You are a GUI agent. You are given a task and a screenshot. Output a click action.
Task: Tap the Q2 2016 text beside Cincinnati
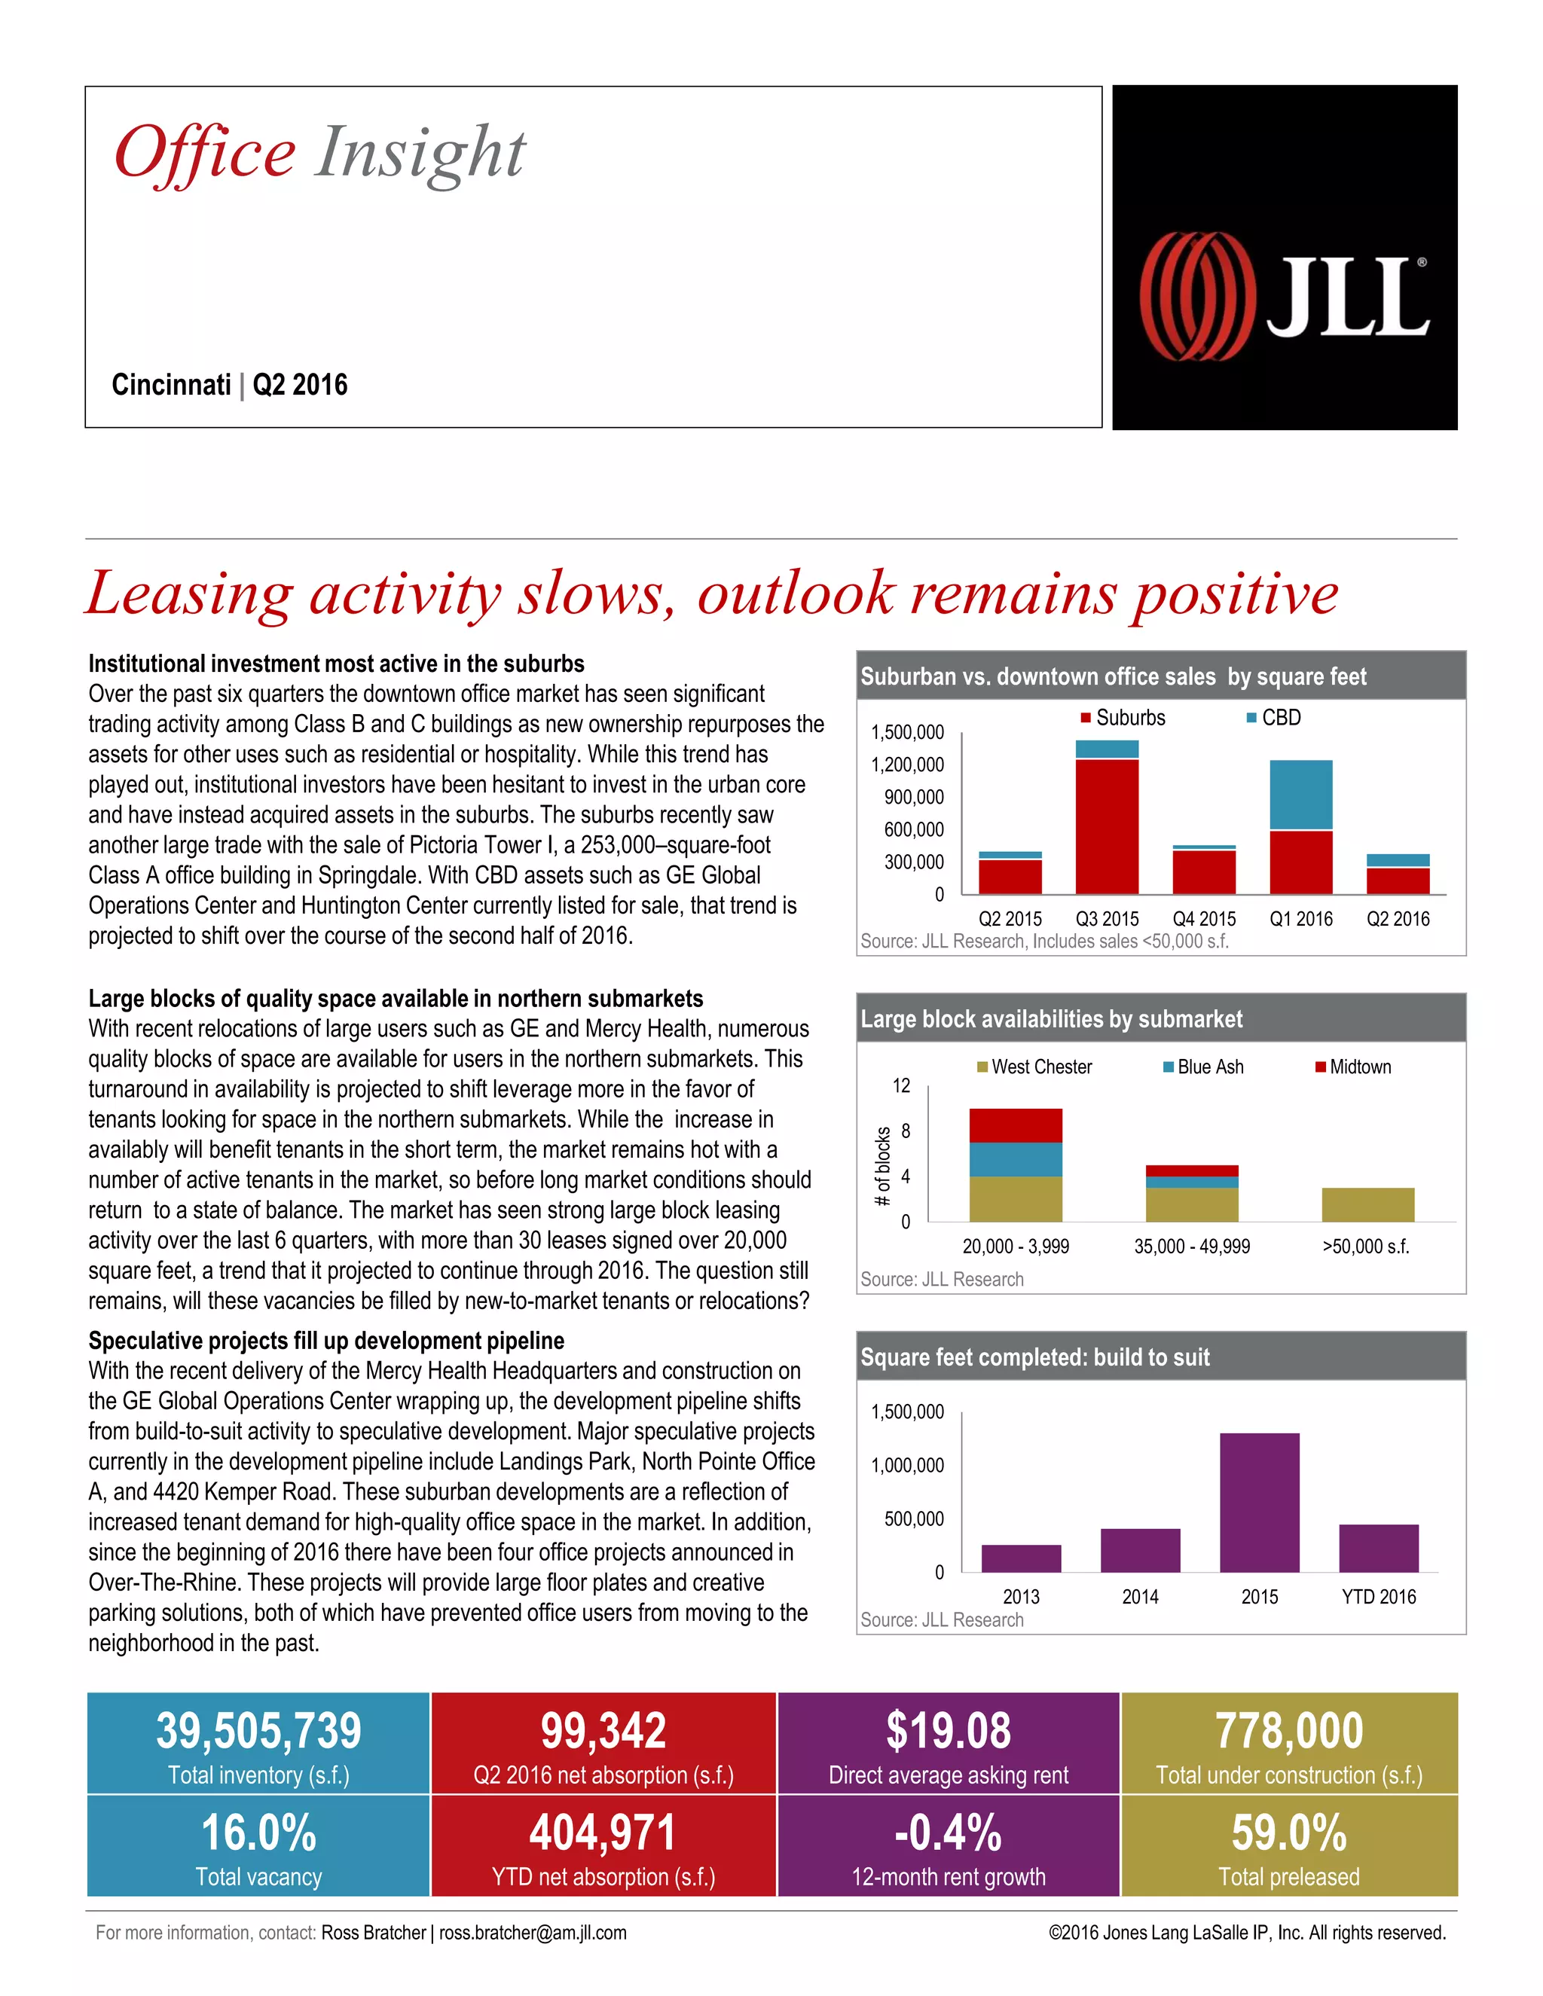(300, 385)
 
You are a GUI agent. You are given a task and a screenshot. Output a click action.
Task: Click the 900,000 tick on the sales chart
(913, 797)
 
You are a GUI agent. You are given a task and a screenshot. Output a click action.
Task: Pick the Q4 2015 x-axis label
(1204, 918)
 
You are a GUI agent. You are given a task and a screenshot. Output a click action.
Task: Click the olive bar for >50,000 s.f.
(1367, 1204)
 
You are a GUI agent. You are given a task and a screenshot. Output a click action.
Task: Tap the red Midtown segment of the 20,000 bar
(1016, 1125)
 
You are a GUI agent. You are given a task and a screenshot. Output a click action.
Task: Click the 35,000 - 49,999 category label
(1192, 1247)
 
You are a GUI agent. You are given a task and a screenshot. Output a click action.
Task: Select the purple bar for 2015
(1259, 1502)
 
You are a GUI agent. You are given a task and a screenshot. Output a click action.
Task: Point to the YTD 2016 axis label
(1379, 1597)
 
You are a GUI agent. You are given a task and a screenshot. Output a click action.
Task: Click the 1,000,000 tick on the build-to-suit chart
(907, 1465)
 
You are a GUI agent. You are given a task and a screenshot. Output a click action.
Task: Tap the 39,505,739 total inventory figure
(258, 1731)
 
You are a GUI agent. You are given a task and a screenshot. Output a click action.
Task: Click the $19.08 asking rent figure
(948, 1731)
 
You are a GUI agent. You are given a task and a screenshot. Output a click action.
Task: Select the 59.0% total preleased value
(1289, 1833)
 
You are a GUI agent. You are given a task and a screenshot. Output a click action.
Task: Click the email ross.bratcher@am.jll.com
(533, 1932)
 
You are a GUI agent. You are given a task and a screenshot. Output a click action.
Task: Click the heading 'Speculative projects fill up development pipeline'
(326, 1341)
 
